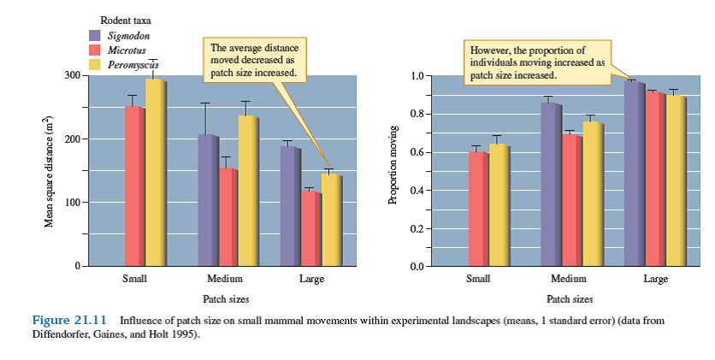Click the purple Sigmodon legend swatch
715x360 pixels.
coord(96,35)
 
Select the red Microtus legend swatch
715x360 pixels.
coord(96,50)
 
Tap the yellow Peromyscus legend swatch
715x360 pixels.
coord(96,64)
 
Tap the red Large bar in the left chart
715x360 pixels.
coord(311,229)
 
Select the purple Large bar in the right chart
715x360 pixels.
coord(634,174)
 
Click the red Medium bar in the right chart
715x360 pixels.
coord(571,200)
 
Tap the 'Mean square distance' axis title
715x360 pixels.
coord(50,171)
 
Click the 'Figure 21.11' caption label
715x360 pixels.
coord(68,320)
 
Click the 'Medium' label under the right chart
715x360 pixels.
coord(569,280)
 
